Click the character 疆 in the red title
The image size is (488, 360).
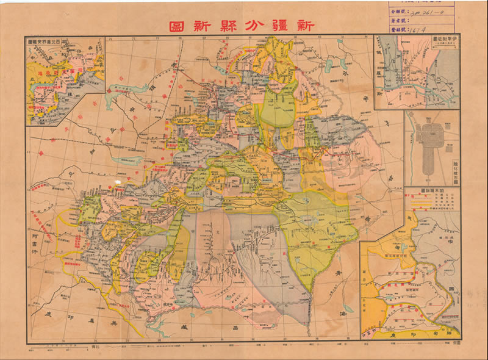click(x=283, y=26)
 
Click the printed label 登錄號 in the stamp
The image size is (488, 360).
click(x=398, y=27)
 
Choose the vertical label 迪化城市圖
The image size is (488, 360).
click(x=455, y=164)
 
